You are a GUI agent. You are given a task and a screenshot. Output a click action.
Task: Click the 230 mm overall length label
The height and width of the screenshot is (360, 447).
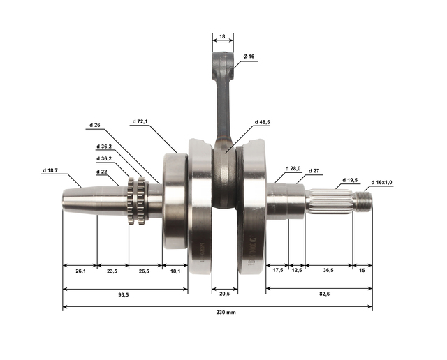pos(226,312)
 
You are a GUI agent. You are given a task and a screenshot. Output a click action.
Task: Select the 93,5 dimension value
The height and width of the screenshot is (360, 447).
pos(124,295)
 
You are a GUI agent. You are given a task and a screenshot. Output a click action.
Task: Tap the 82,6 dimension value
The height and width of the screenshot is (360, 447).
pos(324,294)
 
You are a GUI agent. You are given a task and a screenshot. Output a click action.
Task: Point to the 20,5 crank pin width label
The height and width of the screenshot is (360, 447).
pos(225,294)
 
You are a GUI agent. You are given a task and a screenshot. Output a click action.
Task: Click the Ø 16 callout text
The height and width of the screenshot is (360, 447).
pos(249,57)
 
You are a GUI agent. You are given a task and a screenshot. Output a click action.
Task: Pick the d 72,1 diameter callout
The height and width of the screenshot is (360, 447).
pos(140,121)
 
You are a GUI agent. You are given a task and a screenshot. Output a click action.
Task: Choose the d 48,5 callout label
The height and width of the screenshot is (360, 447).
pos(263,122)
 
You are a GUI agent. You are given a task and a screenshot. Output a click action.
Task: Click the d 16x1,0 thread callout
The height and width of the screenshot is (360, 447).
pos(382,182)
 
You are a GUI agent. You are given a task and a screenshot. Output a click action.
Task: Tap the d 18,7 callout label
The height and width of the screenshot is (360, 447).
pos(50,170)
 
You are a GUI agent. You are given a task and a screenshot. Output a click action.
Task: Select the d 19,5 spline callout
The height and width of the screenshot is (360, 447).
pos(350,180)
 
